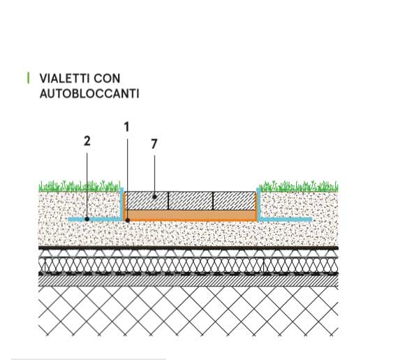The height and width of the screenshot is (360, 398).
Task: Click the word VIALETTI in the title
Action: click(65, 78)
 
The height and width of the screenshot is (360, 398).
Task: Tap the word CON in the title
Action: click(107, 78)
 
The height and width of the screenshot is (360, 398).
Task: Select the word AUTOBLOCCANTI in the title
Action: click(89, 94)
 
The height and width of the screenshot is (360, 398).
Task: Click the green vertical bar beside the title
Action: click(28, 78)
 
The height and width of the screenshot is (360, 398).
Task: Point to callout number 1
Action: click(126, 127)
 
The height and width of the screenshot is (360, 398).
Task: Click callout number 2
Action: click(87, 141)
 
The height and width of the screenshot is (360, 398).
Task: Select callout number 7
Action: click(154, 144)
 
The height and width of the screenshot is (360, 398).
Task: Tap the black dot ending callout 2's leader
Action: click(87, 219)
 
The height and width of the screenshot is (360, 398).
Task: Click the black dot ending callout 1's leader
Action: click(128, 220)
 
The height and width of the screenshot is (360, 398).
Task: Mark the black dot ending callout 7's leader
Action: click(154, 196)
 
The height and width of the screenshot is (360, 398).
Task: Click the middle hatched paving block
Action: click(191, 201)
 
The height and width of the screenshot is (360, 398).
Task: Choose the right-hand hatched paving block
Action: click(235, 201)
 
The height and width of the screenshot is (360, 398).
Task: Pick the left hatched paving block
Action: click(147, 201)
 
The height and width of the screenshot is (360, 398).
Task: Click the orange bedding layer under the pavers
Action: click(191, 215)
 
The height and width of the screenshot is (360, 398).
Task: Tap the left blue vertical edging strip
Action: click(121, 203)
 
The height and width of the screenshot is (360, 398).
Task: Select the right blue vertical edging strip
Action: click(258, 203)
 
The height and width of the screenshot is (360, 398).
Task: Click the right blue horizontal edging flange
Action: click(286, 219)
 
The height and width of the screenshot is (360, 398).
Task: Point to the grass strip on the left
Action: click(80, 186)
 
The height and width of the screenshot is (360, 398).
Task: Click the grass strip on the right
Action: click(299, 186)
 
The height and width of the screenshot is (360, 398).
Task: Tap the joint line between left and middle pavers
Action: click(168, 201)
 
